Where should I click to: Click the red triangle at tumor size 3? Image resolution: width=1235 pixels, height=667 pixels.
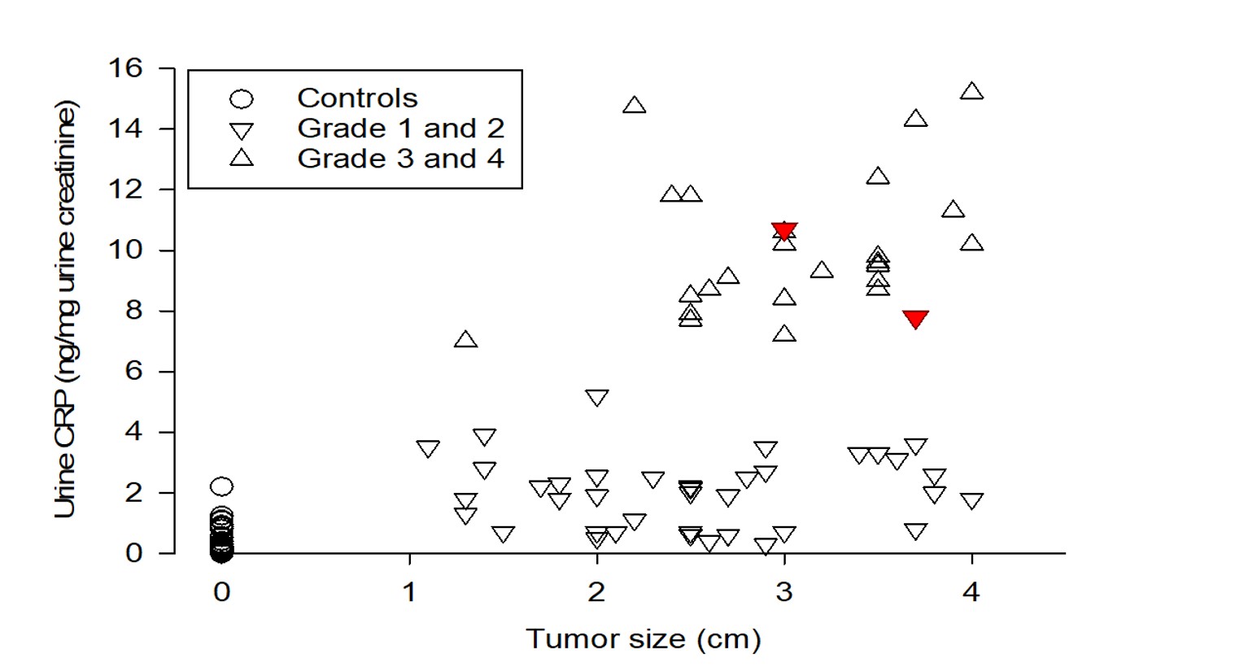pos(784,231)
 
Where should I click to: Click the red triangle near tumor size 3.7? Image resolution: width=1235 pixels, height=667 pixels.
pos(915,319)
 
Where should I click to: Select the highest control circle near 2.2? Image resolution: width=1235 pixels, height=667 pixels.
pos(221,486)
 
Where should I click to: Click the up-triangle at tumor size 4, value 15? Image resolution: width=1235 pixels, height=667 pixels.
pos(971,92)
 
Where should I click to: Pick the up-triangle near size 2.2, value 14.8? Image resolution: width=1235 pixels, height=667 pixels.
pos(634,106)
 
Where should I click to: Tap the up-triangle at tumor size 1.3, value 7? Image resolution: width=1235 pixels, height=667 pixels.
pos(465,340)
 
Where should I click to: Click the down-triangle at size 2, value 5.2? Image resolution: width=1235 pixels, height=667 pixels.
pos(596,398)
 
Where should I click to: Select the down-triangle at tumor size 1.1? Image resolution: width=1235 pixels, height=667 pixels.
pos(428,448)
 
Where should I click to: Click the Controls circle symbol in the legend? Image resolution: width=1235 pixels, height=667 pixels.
pos(242,99)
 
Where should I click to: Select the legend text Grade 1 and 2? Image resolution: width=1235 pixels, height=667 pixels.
pos(400,129)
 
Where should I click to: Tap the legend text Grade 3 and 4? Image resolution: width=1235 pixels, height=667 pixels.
pos(400,159)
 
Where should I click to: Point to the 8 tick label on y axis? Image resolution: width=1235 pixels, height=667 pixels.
pos(133,311)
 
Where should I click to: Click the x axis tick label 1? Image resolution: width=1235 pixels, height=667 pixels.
pos(409,592)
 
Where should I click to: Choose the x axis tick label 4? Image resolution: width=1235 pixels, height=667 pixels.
pos(971,592)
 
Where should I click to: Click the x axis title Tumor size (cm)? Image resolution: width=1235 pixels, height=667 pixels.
pos(643,639)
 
